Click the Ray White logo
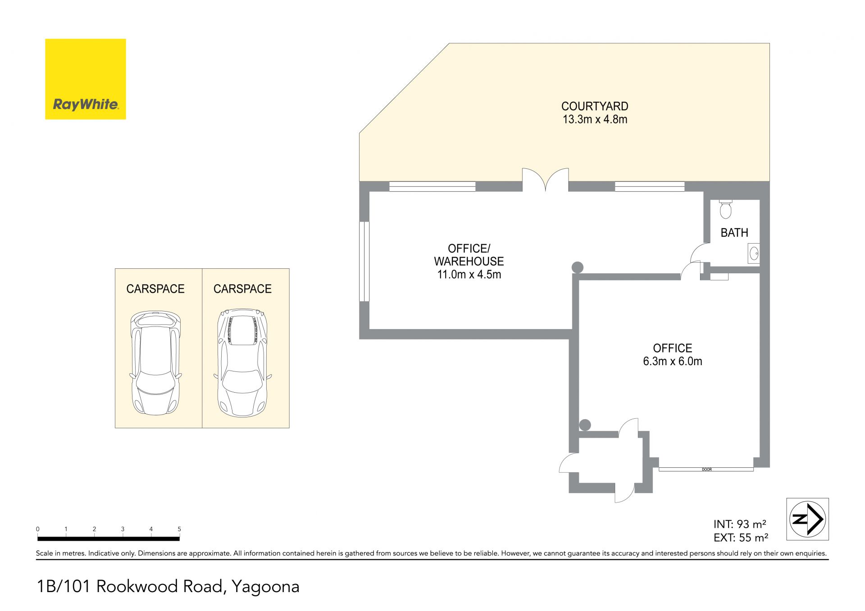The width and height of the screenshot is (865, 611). point(86,79)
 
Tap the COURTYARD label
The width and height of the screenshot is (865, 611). point(595,106)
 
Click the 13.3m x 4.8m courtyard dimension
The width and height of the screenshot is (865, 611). point(595,119)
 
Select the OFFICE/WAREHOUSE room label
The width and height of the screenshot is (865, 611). point(469,255)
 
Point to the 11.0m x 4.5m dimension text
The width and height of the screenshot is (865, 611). point(469,274)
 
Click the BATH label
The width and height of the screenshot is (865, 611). point(734,233)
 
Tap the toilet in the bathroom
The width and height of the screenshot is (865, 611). point(726,209)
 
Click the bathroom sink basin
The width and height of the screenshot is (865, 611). point(754,253)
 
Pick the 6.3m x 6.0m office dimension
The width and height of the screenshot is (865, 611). point(673,361)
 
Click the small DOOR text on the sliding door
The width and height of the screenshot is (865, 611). point(706,470)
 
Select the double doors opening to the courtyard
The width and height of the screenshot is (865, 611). point(546,180)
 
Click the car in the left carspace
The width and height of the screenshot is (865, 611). point(155,363)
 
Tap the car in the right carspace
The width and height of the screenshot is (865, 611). point(242,363)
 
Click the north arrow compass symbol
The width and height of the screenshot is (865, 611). point(807,519)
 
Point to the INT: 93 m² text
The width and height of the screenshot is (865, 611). point(740,524)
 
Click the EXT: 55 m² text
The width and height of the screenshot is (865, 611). point(741,538)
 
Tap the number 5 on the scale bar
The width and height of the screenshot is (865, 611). point(179,529)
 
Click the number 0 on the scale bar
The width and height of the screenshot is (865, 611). point(38,529)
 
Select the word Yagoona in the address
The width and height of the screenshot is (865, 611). point(265,586)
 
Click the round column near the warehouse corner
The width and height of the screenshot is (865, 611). point(578,267)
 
